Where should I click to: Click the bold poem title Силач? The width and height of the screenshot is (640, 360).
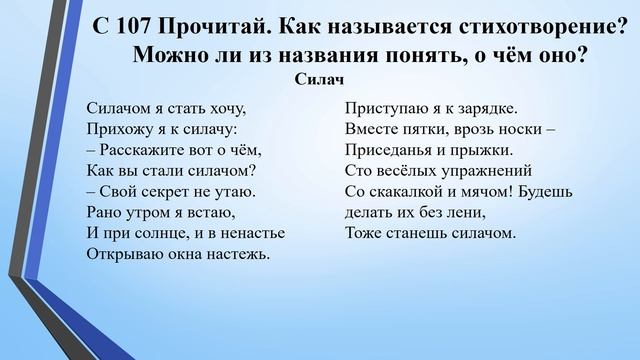322,79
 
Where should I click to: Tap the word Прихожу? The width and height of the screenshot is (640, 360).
114,129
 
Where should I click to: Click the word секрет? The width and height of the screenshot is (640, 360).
173,192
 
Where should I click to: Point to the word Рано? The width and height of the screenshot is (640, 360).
103,213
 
